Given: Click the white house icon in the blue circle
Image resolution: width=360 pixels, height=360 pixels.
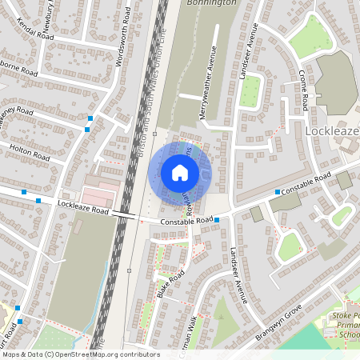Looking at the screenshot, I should point(180,172).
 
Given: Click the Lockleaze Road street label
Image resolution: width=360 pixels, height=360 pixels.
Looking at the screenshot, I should point(82,208).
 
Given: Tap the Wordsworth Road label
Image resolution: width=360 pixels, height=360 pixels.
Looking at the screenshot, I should point(124,38).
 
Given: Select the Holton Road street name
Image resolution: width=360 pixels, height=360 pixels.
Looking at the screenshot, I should point(30,150).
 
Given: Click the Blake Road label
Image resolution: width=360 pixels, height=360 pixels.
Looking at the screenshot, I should point(170,284).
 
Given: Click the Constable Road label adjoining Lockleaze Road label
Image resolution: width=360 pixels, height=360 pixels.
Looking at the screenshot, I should point(185,220).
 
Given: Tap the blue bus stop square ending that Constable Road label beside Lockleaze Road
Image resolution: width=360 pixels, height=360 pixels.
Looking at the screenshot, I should point(217,218).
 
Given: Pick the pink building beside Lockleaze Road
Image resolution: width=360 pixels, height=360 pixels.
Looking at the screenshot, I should point(99,194).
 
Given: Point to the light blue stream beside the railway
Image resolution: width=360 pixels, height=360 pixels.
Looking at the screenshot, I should point(101,296).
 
